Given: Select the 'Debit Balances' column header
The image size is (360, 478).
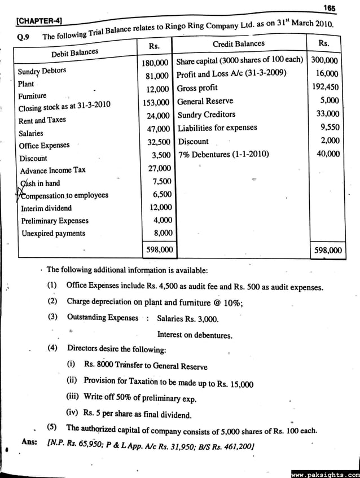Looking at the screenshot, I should coord(74,53).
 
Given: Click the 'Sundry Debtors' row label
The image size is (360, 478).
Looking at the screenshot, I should coord(42,71).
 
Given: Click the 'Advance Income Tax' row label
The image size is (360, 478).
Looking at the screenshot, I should coord(53,170).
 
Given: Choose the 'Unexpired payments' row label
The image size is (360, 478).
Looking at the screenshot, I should coord(53,233).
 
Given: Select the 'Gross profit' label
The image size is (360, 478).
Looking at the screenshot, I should coord(197,88).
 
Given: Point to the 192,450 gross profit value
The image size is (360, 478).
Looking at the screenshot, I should coord(325,87).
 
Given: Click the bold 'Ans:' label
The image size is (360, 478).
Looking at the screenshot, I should coord(29,441).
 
